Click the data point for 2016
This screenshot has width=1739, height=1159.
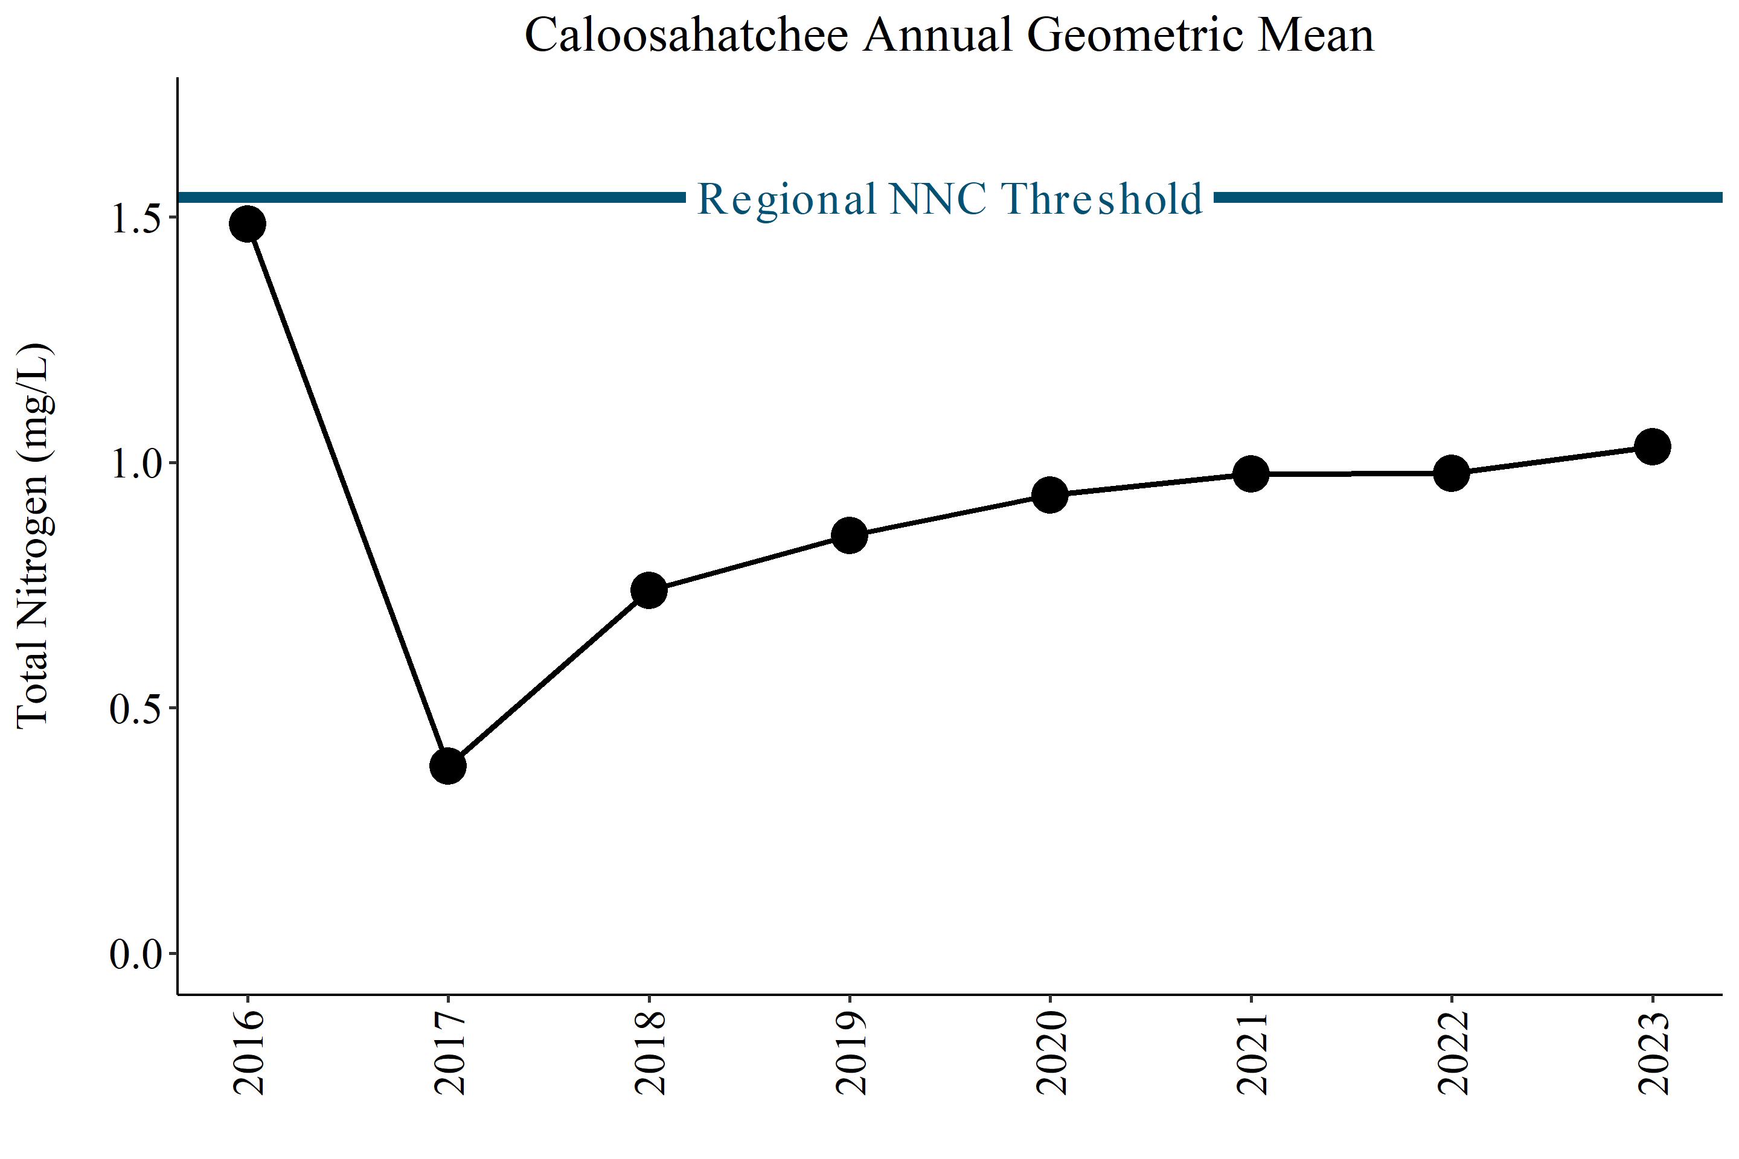click(x=248, y=224)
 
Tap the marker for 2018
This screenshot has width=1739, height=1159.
click(x=649, y=590)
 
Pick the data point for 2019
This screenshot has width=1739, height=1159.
click(x=850, y=535)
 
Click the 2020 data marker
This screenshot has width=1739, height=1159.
click(x=1050, y=494)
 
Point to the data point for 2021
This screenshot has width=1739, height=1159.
click(x=1251, y=474)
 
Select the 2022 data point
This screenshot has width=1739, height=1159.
click(x=1452, y=473)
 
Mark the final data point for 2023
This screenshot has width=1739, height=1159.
click(x=1653, y=447)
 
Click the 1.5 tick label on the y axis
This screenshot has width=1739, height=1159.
click(x=136, y=218)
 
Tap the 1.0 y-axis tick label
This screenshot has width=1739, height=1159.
click(x=136, y=464)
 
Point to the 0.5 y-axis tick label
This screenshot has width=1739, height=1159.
click(x=136, y=709)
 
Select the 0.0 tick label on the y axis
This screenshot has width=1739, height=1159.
click(x=136, y=954)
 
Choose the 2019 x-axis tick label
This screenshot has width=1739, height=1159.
click(x=850, y=1053)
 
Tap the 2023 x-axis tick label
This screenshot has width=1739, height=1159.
click(x=1653, y=1053)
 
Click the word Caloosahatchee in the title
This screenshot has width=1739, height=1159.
click(x=686, y=35)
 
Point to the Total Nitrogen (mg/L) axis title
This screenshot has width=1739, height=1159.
click(x=34, y=535)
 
